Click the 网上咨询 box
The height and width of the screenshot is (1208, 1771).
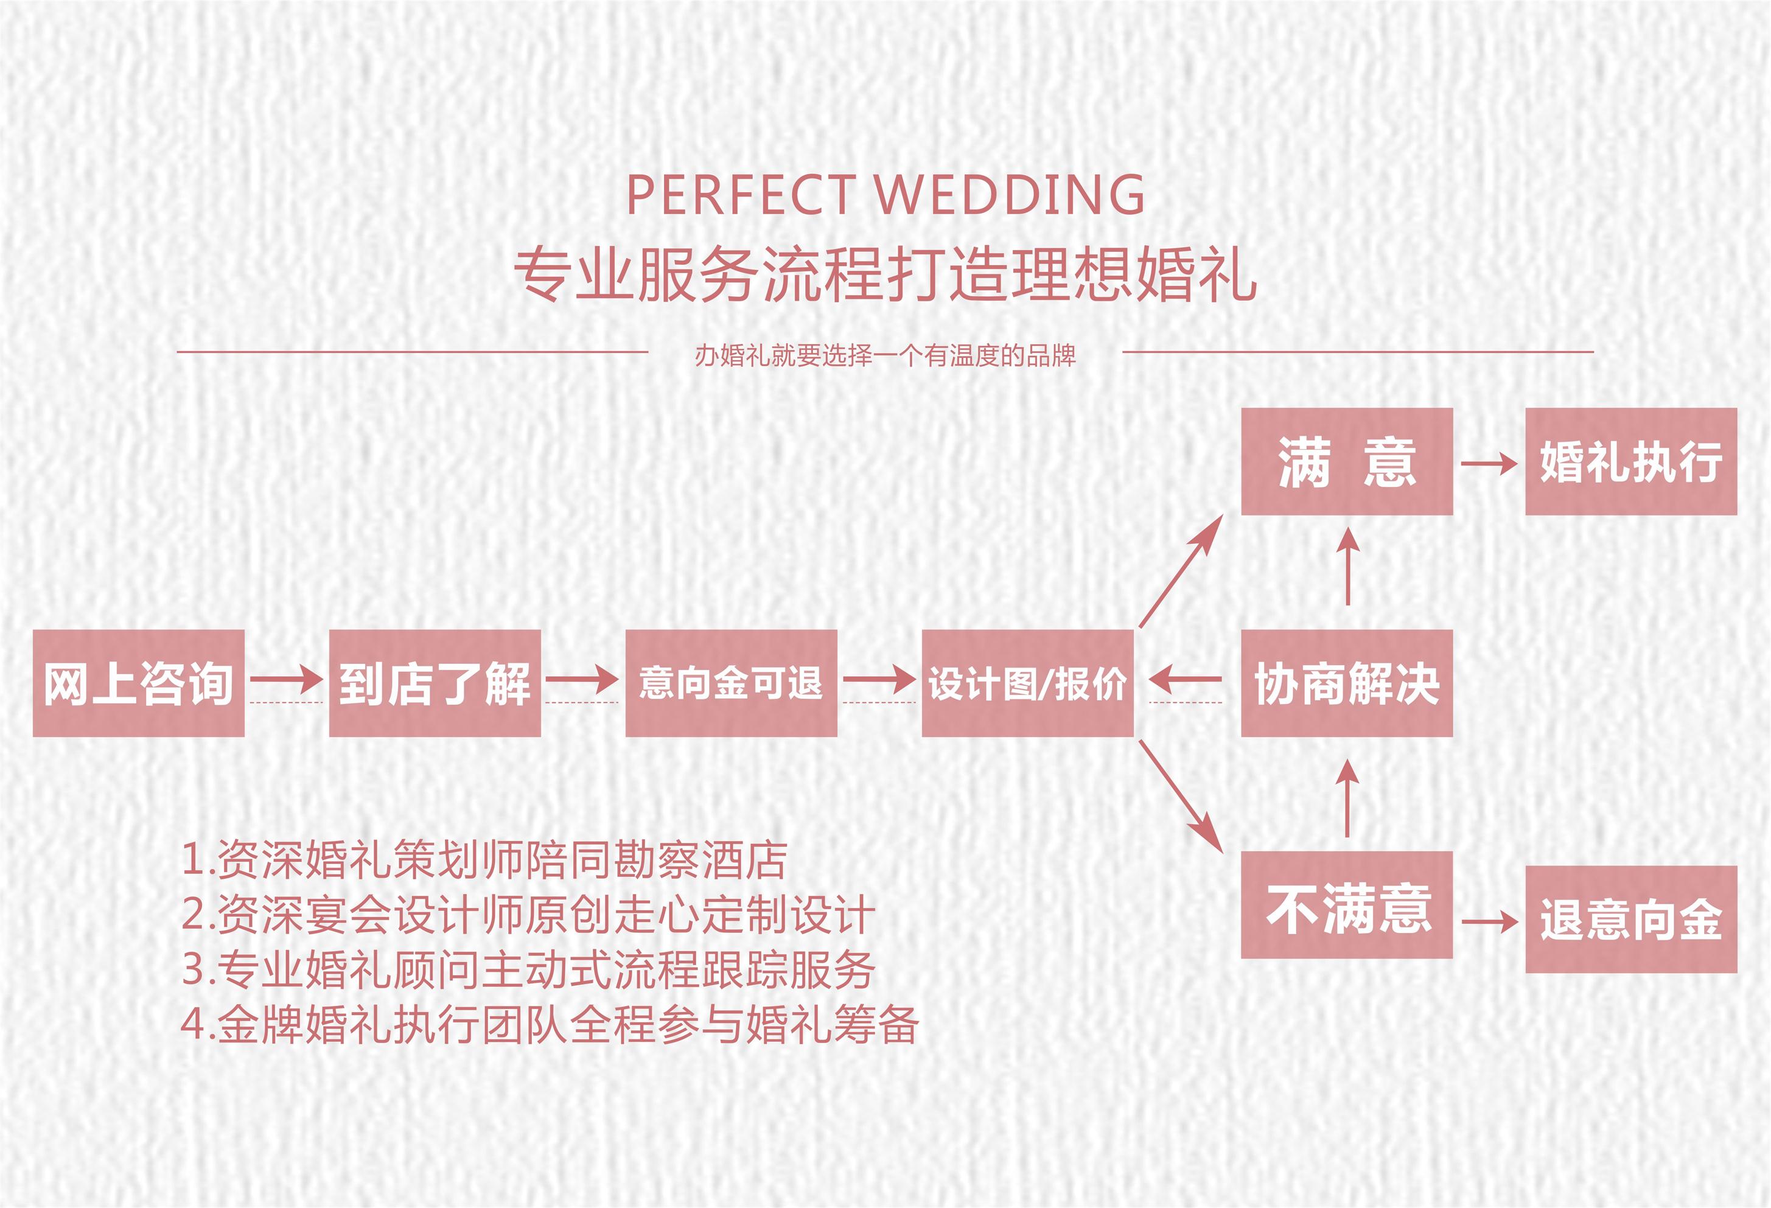138,683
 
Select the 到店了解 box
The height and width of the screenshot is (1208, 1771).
435,683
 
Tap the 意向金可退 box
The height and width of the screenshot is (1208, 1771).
731,683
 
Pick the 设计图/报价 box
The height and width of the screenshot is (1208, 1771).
1027,683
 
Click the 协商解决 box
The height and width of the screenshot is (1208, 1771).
1347,683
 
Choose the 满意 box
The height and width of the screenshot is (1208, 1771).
1347,461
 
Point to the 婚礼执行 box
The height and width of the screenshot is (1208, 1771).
1631,461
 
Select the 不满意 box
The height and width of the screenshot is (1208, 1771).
1347,905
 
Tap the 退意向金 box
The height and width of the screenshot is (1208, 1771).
1631,919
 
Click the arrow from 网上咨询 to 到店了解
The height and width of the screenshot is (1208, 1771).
287,679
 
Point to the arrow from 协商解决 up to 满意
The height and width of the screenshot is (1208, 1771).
1348,567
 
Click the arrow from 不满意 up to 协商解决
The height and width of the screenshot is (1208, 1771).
1347,798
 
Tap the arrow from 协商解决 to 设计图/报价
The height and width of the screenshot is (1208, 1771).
1186,679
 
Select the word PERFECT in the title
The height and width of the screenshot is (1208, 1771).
740,195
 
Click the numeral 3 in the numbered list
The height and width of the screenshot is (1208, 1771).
194,969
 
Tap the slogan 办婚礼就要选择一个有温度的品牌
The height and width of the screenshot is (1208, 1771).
885,356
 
